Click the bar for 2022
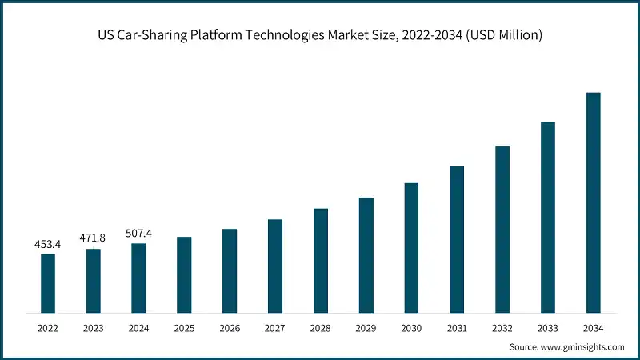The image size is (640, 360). point(48,282)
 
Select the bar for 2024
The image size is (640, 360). point(138,278)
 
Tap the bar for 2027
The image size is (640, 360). point(275,265)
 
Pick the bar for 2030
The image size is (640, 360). point(411,247)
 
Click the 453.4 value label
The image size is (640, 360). point(48,243)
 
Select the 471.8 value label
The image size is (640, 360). point(94,238)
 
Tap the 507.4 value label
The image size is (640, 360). point(138,233)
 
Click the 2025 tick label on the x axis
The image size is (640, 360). point(184,328)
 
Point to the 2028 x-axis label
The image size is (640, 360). point(320,328)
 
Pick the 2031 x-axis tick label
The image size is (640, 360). point(457,328)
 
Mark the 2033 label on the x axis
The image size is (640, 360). point(547,328)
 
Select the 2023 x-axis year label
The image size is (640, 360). point(94,328)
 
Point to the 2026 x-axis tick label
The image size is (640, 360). point(230,328)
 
